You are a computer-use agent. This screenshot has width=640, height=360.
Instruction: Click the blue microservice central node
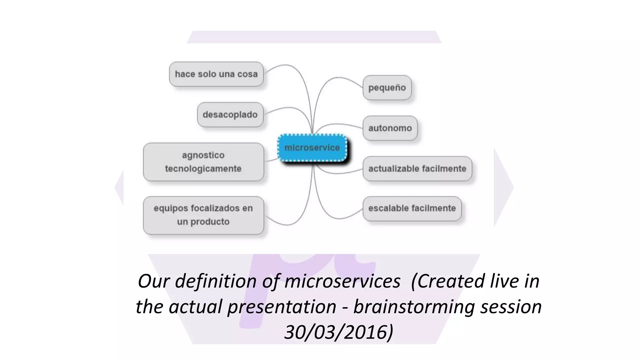pyautogui.click(x=312, y=148)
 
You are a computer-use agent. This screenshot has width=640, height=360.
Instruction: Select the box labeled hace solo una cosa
pyautogui.click(x=216, y=74)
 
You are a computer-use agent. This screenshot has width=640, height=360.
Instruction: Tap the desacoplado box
pyautogui.click(x=230, y=114)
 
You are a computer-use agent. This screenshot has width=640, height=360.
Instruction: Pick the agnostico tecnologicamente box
pyautogui.click(x=203, y=162)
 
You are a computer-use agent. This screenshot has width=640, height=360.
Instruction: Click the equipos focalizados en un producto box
pyautogui.click(x=203, y=215)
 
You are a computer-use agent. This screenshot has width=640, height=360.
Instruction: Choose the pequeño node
pyautogui.click(x=387, y=87)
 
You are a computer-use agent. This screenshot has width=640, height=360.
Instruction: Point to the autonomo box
pyautogui.click(x=390, y=128)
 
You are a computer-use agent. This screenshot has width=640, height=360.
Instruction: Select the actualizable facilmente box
pyautogui.click(x=417, y=169)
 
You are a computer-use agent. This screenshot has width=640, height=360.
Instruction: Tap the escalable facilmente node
pyautogui.click(x=412, y=208)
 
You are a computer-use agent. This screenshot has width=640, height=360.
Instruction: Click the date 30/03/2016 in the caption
pyautogui.click(x=338, y=332)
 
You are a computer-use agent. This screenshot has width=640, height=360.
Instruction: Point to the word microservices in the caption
pyautogui.click(x=342, y=281)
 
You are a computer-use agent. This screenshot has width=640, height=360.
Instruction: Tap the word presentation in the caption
pyautogui.click(x=282, y=307)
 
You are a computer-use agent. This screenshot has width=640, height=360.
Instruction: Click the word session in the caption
pyautogui.click(x=511, y=307)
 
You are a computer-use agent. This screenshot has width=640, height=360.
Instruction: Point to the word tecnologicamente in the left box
pyautogui.click(x=203, y=169)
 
